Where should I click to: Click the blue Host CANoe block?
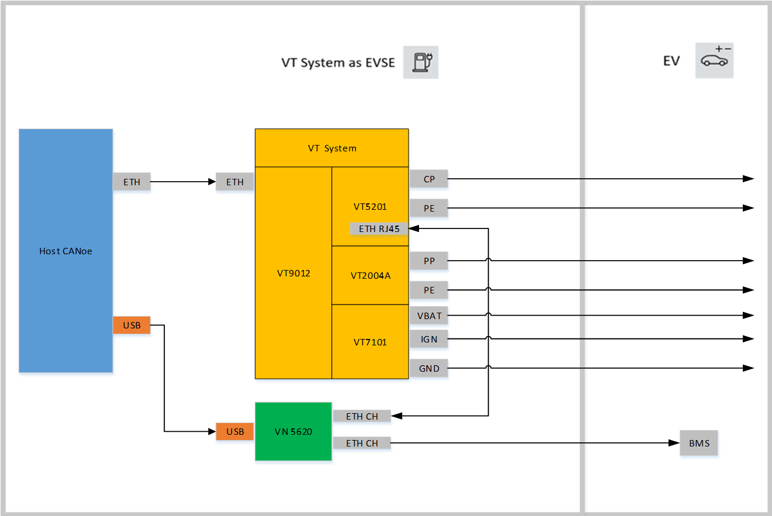65,251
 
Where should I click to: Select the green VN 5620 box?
293,432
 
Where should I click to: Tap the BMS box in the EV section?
699,443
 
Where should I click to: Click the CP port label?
429,179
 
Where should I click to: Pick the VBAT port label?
429,316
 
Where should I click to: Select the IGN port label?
429,339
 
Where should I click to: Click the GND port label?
429,368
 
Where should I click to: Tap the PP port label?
429,261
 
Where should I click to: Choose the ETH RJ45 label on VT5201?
379,228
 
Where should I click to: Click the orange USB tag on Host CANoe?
131,325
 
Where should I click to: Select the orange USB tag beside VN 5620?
235,431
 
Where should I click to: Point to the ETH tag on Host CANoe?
131,182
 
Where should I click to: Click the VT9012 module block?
293,273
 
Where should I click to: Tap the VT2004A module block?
370,275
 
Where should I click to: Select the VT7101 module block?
370,342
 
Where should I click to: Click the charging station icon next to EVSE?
421,62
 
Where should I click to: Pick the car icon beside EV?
714,60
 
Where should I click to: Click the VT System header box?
331,148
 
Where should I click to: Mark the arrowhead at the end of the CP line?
748,179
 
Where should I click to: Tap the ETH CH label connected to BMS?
362,443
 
